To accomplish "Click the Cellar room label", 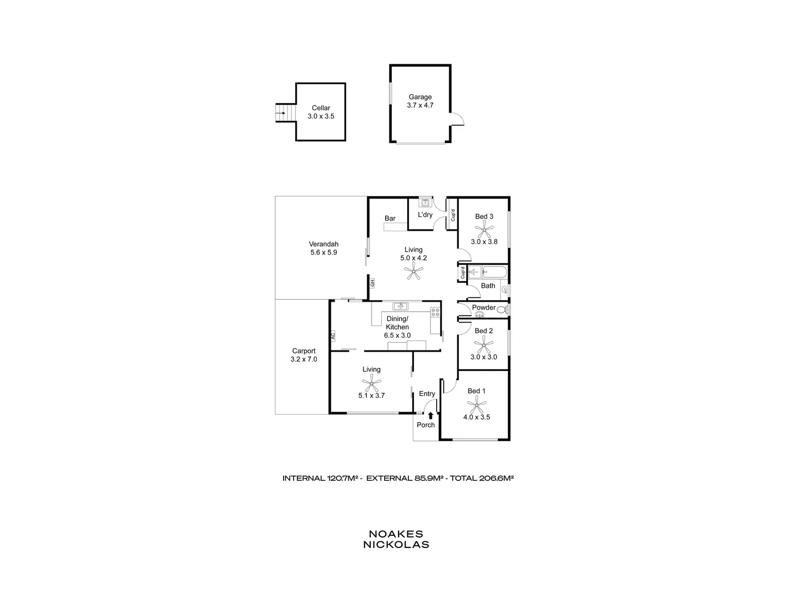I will [x=321, y=108].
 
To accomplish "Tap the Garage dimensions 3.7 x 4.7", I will [x=420, y=105].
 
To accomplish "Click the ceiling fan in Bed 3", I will [x=484, y=229].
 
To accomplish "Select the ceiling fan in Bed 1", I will [x=476, y=404].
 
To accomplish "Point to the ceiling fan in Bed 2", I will [x=484, y=344].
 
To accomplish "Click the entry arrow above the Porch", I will [x=431, y=415].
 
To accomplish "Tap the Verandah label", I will [x=324, y=244].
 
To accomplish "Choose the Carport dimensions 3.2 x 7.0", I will [x=304, y=359].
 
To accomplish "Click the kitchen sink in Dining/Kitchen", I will [x=400, y=306].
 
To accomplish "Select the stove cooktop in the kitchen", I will [x=435, y=312].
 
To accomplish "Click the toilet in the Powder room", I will [x=502, y=309].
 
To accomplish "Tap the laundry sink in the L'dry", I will [x=425, y=203].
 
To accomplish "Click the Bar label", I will [x=390, y=219].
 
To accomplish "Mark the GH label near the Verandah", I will [x=372, y=282].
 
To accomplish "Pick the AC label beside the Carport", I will [x=333, y=336].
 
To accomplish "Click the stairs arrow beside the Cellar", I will [x=281, y=114].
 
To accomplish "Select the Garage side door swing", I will [x=456, y=119].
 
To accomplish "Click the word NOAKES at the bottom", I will [x=396, y=534].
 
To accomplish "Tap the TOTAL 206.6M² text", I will [x=481, y=478].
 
